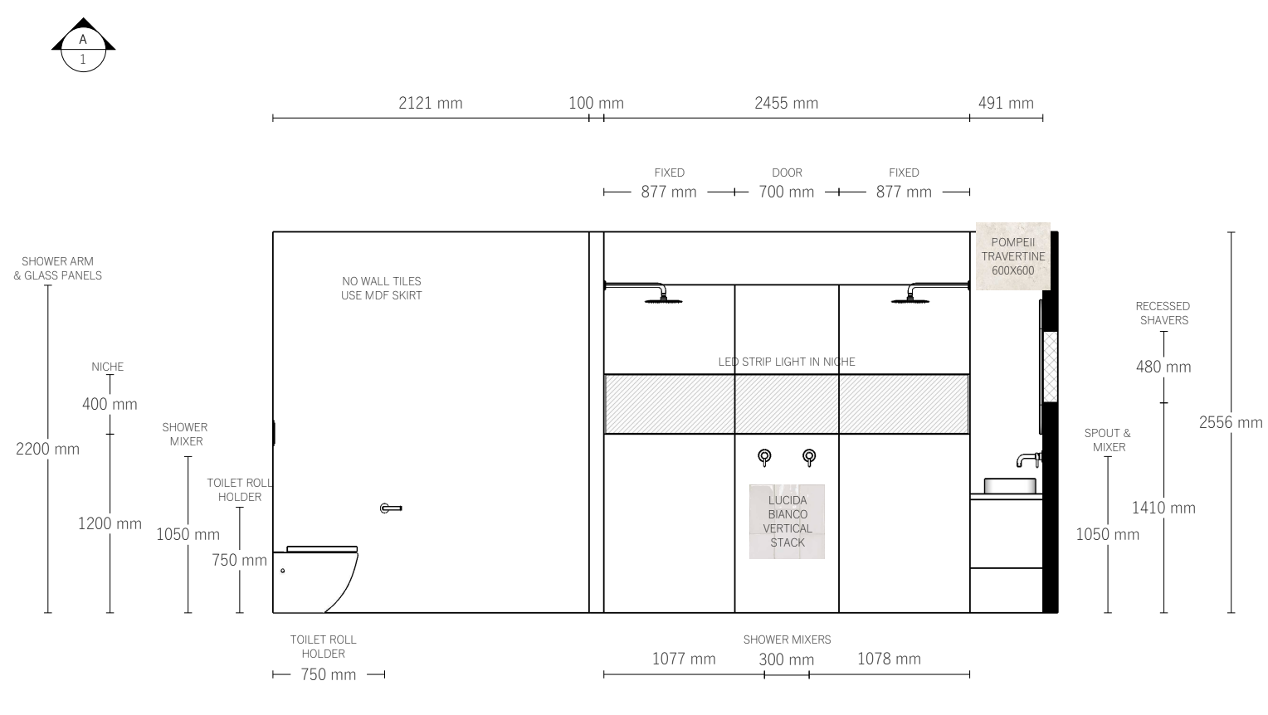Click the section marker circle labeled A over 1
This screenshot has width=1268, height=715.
pos(83,49)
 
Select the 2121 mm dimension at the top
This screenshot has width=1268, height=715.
pos(430,103)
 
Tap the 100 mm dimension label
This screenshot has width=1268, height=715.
pos(596,103)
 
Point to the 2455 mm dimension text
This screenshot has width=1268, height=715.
pos(786,103)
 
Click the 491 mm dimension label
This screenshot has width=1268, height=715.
pos(1006,103)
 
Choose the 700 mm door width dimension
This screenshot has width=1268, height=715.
pos(786,192)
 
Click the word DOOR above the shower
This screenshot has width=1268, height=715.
pos(787,173)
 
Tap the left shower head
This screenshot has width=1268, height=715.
pos(663,298)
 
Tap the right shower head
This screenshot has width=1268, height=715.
pos(910,298)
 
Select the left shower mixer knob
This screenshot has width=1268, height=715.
pos(764,456)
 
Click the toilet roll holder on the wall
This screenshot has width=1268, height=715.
pos(391,508)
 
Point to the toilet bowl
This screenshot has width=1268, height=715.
pos(315,580)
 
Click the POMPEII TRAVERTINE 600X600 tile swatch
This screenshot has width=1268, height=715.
pos(1012,256)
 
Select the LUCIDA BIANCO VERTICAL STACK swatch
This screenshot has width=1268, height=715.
pos(787,522)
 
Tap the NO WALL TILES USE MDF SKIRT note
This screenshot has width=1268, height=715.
pos(381,288)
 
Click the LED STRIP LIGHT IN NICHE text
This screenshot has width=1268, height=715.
pos(786,362)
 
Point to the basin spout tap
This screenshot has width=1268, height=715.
pos(1028,460)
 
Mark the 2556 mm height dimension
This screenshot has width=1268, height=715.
pos(1231,422)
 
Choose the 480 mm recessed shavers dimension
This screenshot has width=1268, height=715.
pos(1163,367)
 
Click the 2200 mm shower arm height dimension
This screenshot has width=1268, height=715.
pos(47,449)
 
